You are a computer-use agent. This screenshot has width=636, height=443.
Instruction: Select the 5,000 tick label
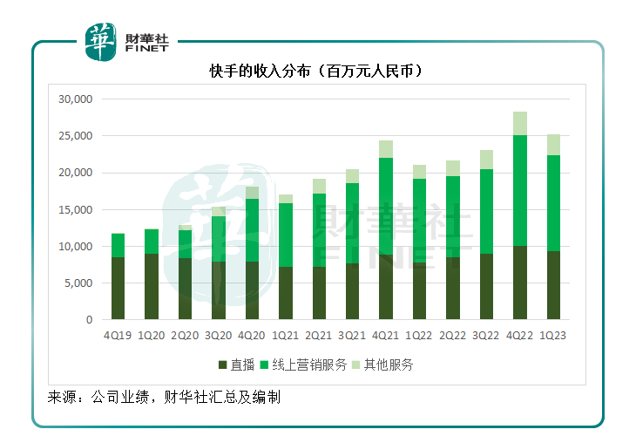tap(78, 283)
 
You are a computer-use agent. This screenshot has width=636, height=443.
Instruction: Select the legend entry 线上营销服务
tap(307, 365)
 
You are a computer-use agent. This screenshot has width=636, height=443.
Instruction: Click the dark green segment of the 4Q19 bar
tap(118, 288)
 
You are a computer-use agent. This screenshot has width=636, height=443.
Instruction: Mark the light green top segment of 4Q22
tap(520, 123)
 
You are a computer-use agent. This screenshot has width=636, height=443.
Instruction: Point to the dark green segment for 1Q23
tap(553, 285)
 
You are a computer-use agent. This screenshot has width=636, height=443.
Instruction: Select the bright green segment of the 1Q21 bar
tap(285, 235)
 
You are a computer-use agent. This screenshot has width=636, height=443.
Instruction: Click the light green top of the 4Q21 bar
tap(386, 149)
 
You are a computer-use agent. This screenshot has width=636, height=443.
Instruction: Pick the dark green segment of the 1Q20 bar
tap(152, 286)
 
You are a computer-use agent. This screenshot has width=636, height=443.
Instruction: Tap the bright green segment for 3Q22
tap(486, 211)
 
